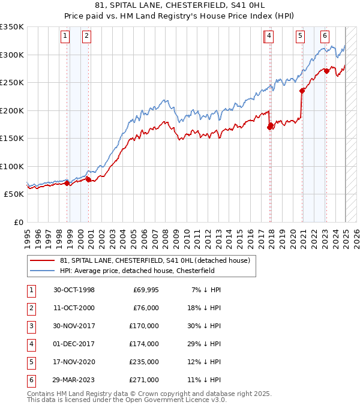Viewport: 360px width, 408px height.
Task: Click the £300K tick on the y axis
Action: pos(12,55)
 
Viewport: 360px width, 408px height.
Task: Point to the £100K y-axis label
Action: pos(12,166)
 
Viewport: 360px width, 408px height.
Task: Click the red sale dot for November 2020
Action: pos(302,91)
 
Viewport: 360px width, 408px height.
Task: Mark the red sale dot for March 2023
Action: pos(326,71)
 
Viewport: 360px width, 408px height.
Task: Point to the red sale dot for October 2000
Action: pos(88,179)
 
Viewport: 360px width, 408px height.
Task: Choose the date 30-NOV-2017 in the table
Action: pos(74,326)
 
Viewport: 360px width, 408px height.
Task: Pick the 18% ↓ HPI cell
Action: pos(206,308)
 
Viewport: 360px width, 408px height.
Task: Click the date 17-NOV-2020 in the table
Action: pos(74,362)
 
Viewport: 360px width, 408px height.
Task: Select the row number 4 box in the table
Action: pos(30,344)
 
